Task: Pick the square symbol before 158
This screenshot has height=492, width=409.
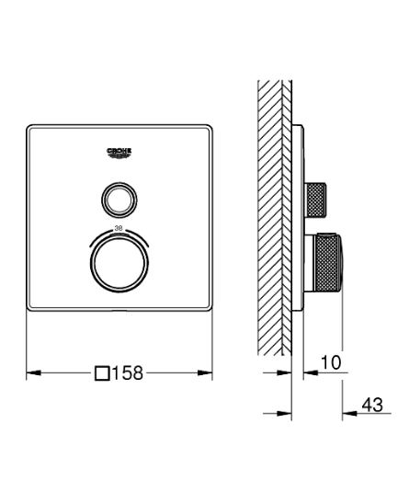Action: [103, 372]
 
